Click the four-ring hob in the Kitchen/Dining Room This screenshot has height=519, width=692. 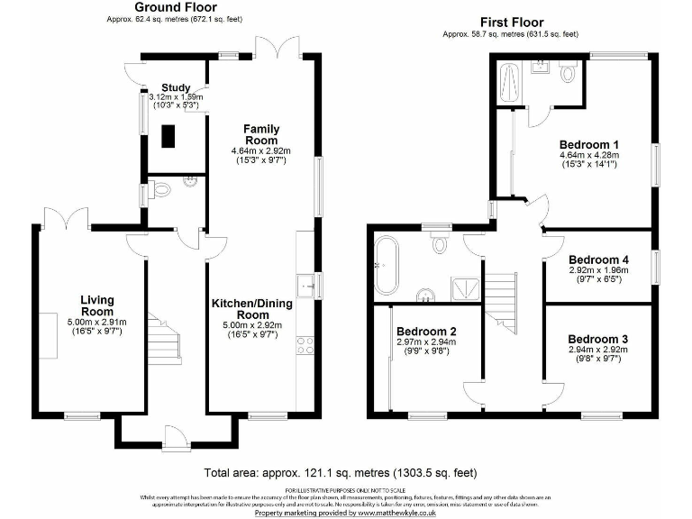click(305, 345)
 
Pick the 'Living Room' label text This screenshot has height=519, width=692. click(96, 305)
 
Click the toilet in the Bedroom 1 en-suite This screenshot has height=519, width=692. click(568, 73)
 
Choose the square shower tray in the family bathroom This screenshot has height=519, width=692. click(466, 287)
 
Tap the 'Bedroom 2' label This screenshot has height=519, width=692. click(428, 331)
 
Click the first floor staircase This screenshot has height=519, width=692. click(501, 301)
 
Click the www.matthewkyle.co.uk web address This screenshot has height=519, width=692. click(405, 512)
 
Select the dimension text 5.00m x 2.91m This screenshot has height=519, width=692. click(96, 322)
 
